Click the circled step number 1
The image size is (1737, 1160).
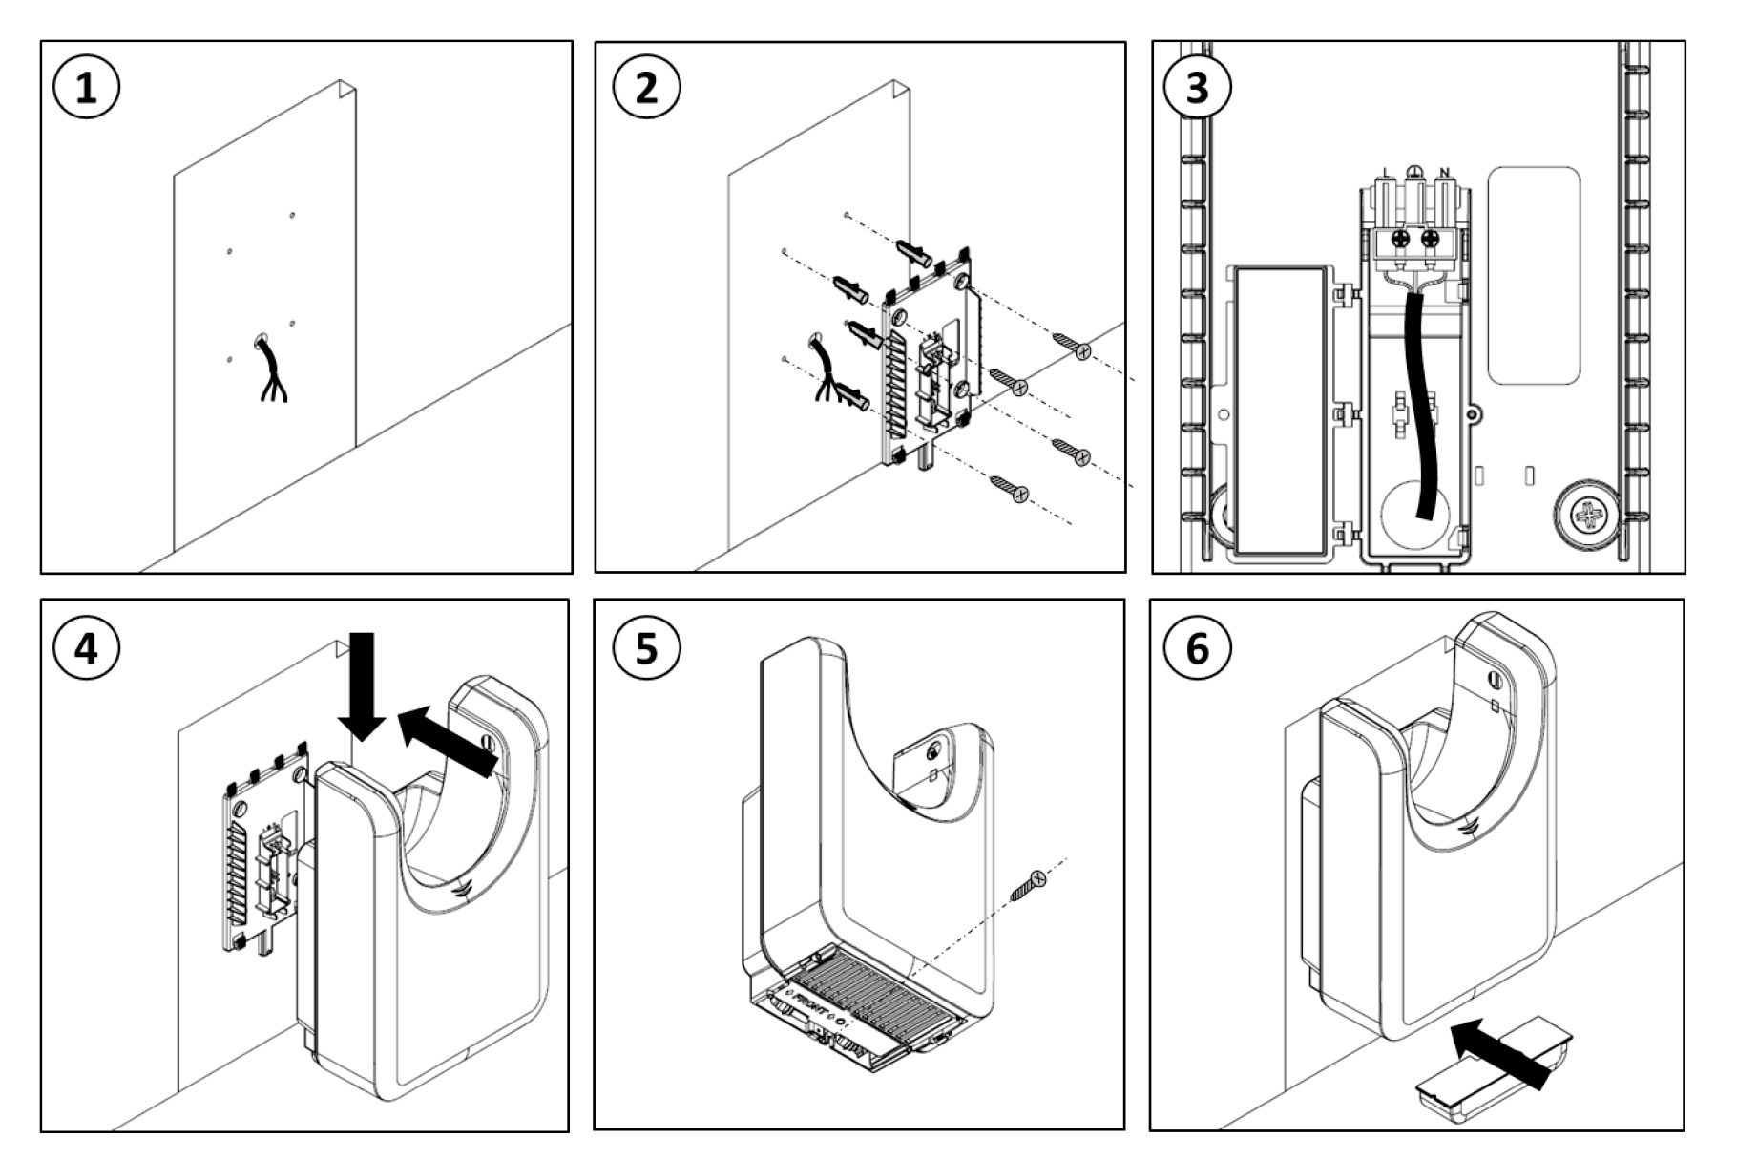(86, 89)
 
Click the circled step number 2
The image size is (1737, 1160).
(646, 89)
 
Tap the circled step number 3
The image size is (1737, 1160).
(1197, 89)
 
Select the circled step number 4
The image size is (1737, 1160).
(86, 648)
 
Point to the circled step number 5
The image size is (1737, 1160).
(646, 648)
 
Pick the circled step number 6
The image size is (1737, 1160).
(1197, 648)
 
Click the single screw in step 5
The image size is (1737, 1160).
(1027, 885)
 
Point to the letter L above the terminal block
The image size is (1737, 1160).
(1386, 173)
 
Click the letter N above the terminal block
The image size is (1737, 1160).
(1444, 173)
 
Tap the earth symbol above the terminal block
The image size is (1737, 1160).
(1415, 173)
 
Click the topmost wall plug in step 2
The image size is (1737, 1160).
(914, 254)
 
